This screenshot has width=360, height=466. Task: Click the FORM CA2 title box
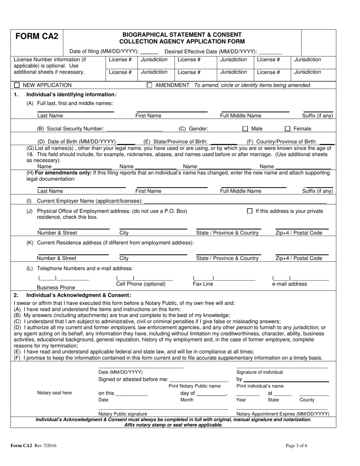point(37,37)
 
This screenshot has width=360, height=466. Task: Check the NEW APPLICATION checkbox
point(17,85)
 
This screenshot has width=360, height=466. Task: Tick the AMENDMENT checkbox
point(149,85)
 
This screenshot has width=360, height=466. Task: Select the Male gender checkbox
point(245,129)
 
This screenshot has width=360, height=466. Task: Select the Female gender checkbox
point(288,129)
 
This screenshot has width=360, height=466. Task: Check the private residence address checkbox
point(249,211)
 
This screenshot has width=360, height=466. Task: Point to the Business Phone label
point(56,288)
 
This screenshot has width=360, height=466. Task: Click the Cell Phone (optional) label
point(141,284)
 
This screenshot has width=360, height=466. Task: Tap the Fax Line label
point(203,284)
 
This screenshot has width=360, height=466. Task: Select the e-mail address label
point(290,284)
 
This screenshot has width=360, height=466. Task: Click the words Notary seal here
point(54,393)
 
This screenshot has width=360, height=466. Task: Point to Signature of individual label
point(260,372)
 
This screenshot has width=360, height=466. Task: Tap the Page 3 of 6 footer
point(297,446)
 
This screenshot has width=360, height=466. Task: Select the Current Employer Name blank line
point(239,201)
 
